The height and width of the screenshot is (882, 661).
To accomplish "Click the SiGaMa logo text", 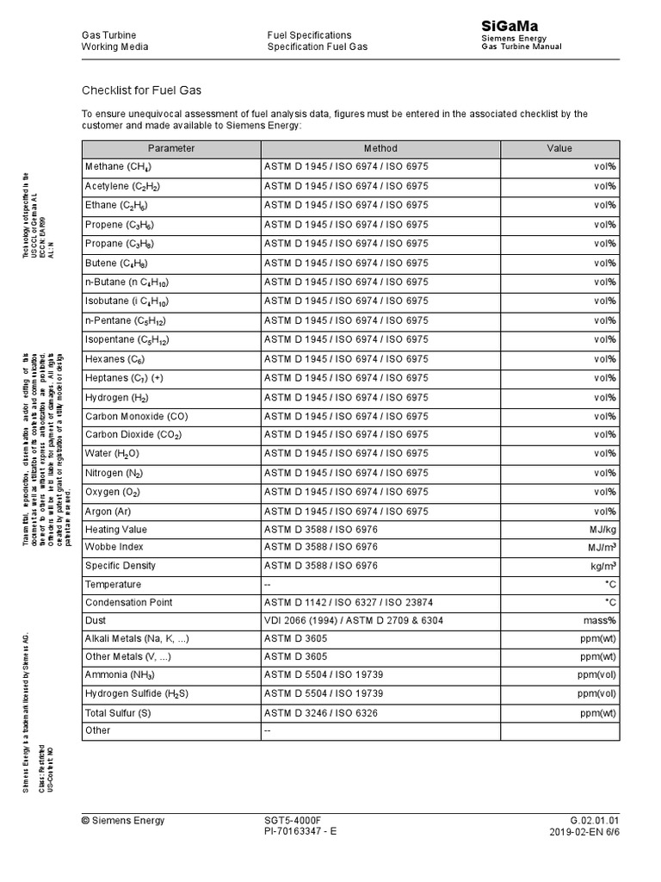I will (x=509, y=28).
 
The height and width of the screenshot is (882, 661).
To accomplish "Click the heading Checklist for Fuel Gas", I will (x=141, y=90).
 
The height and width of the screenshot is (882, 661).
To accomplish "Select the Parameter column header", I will (x=171, y=148).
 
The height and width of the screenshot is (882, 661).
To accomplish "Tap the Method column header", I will (x=380, y=148).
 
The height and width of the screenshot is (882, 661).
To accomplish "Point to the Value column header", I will (x=559, y=148).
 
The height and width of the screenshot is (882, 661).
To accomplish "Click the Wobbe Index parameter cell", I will (x=114, y=547).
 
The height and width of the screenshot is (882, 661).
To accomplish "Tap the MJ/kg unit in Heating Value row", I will (x=600, y=530).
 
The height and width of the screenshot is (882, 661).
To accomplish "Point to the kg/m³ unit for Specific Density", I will (x=602, y=565).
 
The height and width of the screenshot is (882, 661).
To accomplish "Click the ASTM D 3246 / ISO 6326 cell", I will (x=321, y=713).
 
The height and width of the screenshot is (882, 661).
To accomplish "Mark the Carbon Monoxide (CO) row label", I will (x=136, y=416).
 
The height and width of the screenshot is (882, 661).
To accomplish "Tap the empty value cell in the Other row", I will (x=559, y=731).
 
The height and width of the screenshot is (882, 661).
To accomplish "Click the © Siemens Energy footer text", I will (x=123, y=820).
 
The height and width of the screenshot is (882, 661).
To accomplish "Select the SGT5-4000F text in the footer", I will (x=292, y=820).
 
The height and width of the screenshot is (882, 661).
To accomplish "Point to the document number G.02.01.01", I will (x=594, y=820).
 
